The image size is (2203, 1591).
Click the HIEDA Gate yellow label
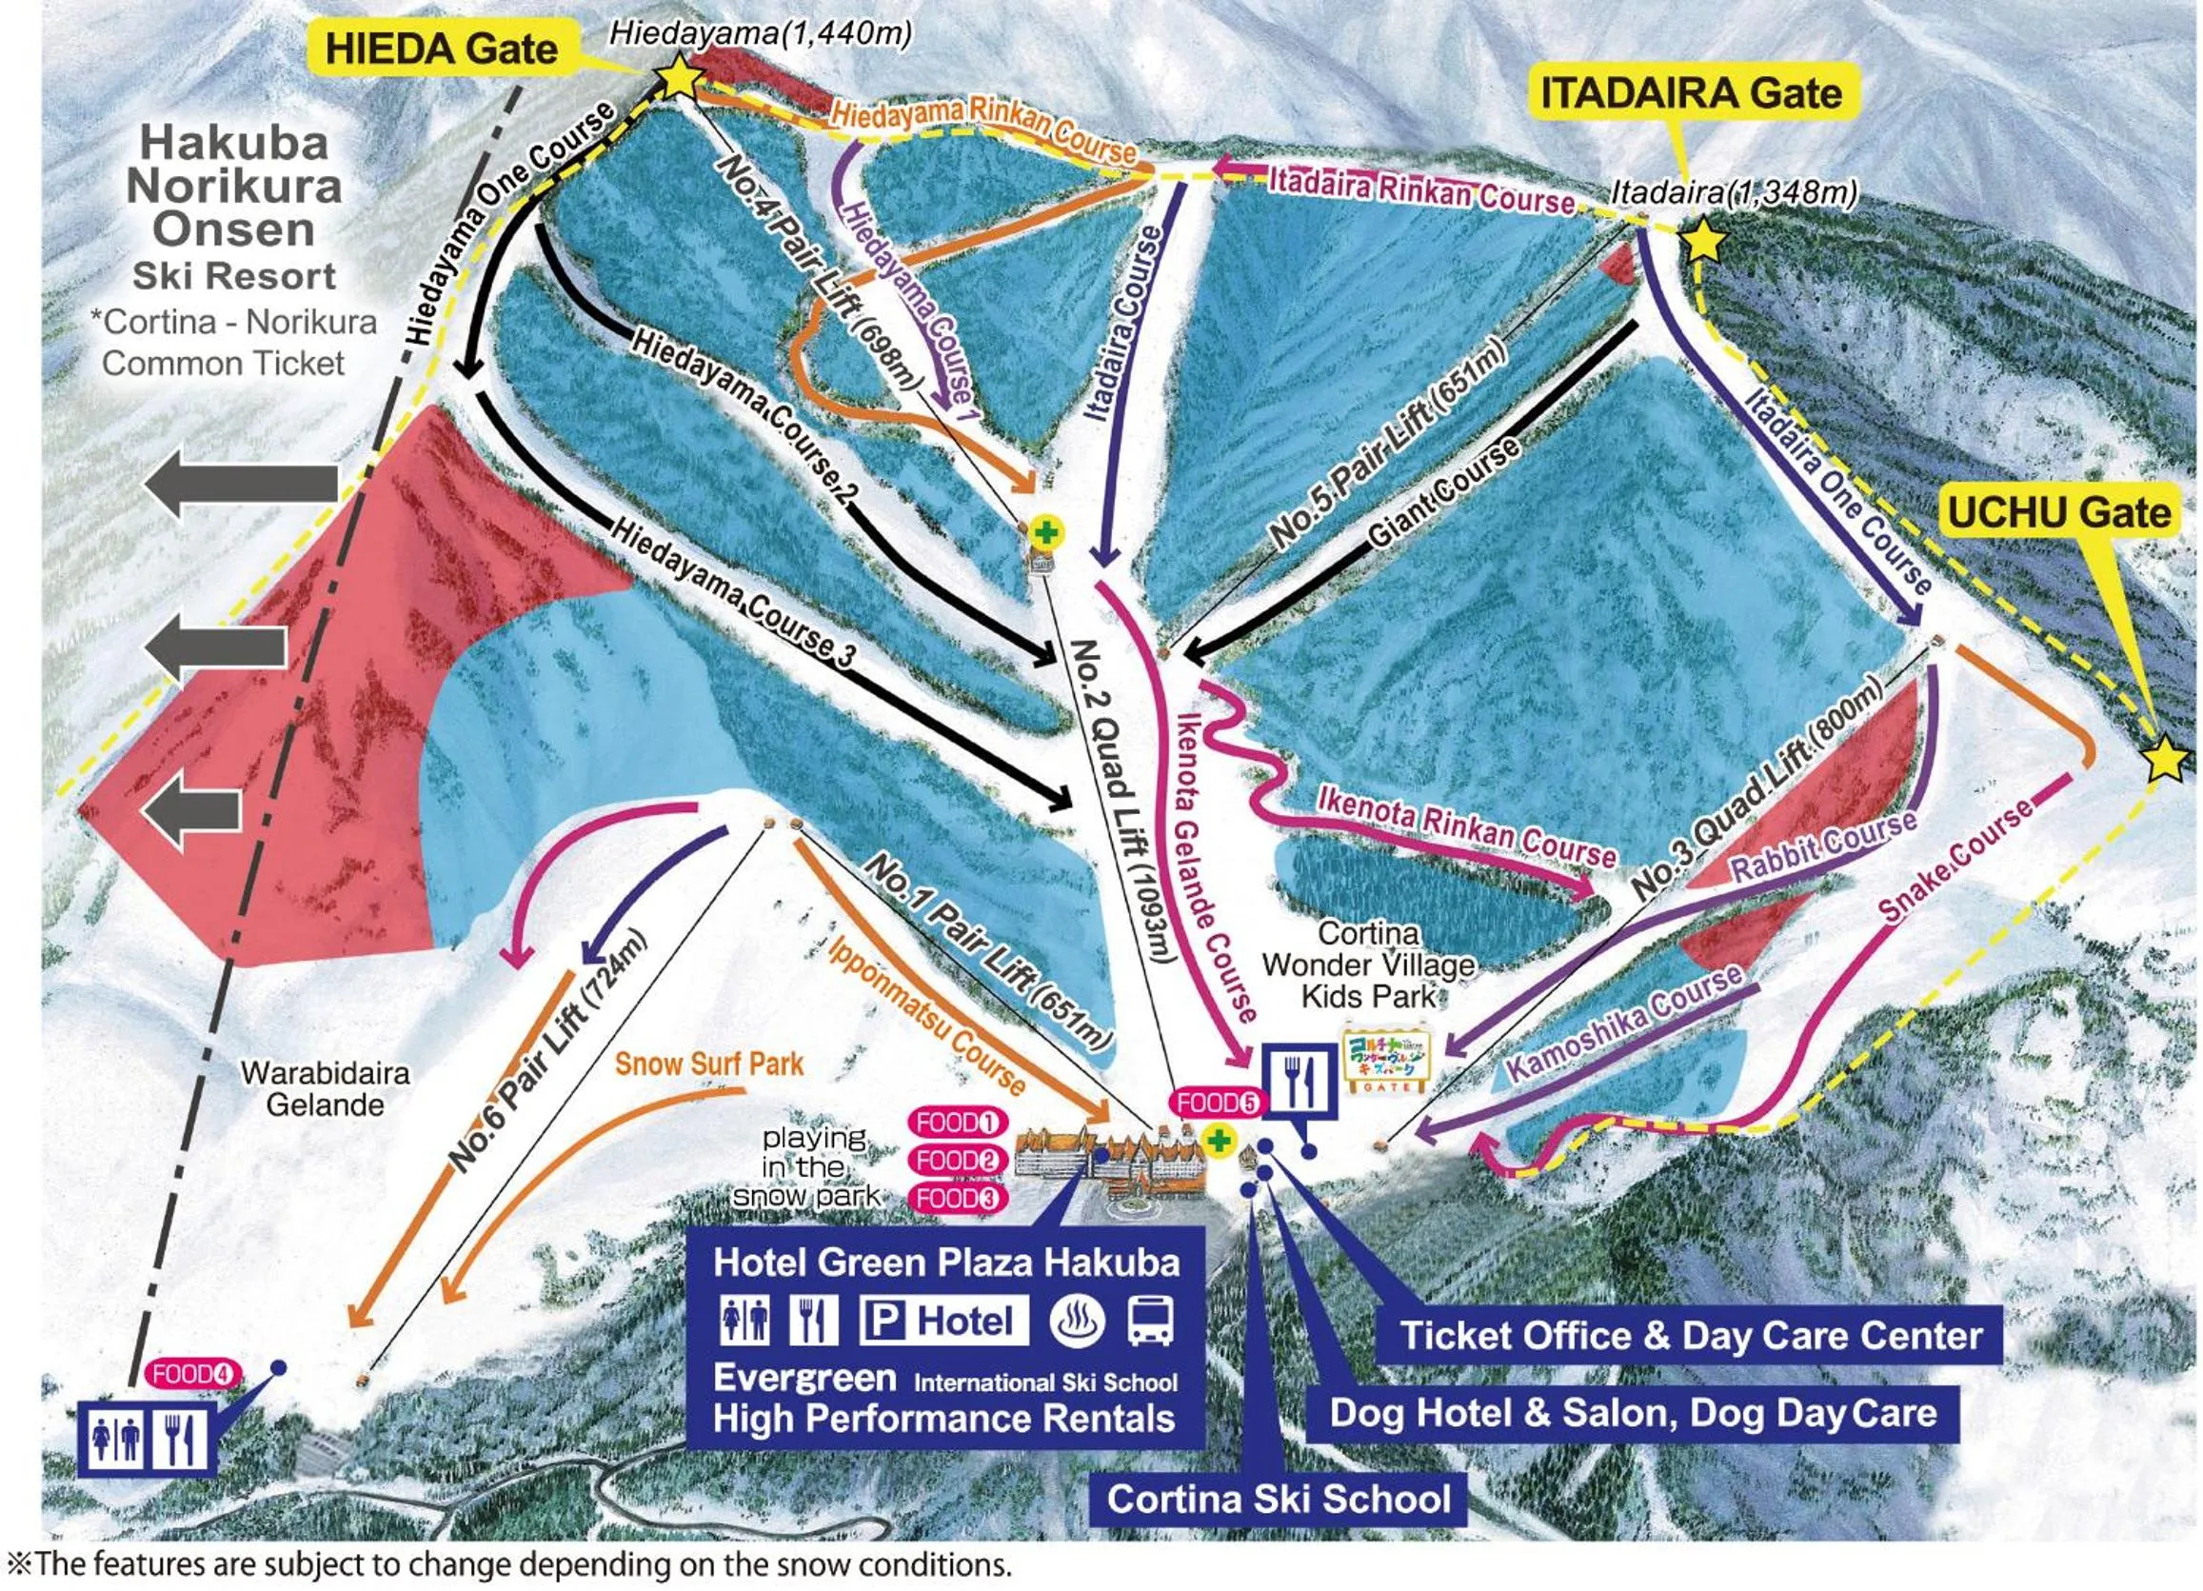click(x=442, y=50)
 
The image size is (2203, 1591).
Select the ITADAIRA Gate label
click(x=1690, y=94)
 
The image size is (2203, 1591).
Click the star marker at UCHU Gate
click(x=2165, y=761)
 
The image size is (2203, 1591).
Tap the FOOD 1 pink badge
click(x=957, y=1123)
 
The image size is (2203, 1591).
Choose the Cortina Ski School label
click(x=1279, y=1499)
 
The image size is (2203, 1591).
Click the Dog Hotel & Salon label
click(x=1632, y=1412)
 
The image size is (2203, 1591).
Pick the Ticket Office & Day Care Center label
click(x=1690, y=1336)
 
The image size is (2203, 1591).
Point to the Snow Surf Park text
click(x=709, y=1064)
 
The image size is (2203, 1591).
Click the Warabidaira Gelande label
click(x=326, y=1089)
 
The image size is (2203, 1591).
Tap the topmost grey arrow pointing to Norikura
click(x=243, y=488)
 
